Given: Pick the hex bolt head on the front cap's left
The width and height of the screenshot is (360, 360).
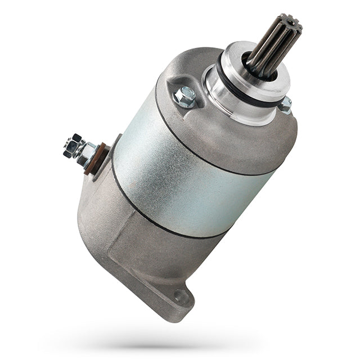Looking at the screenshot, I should pos(185,97).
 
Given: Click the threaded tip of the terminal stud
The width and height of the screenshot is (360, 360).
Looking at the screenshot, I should pos(69,145).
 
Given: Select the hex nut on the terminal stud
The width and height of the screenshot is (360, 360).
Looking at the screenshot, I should pos(84,152).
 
